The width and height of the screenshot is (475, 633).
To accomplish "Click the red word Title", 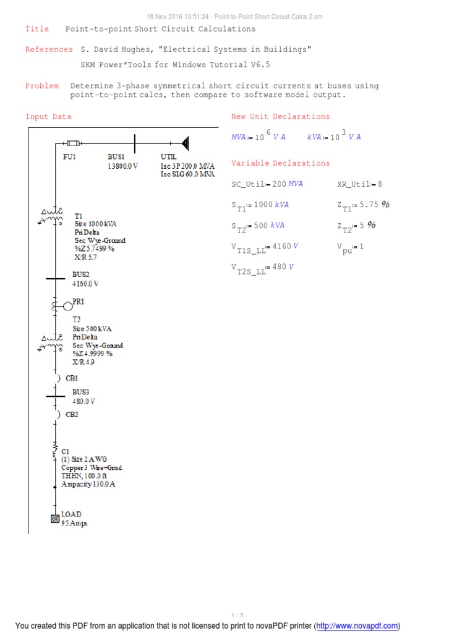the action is pyautogui.click(x=36, y=29).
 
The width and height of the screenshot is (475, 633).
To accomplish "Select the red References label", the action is pyautogui.click(x=49, y=49).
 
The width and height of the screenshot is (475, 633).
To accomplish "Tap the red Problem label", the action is pyautogui.click(x=42, y=86).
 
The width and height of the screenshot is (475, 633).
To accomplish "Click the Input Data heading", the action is pyautogui.click(x=48, y=116).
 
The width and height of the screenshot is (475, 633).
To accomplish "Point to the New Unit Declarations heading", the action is pyautogui.click(x=280, y=116).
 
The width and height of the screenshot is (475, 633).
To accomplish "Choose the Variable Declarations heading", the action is pyautogui.click(x=280, y=163).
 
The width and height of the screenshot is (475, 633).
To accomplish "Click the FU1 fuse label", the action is pyautogui.click(x=69, y=157).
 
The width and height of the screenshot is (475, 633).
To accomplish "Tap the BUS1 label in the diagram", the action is pyautogui.click(x=116, y=157).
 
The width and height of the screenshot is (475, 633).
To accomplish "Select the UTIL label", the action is pyautogui.click(x=169, y=157).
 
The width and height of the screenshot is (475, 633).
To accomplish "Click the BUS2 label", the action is pyautogui.click(x=81, y=274).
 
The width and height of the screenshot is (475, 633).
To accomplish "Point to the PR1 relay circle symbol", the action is pyautogui.click(x=67, y=306).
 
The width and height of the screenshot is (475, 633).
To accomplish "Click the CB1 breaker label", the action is pyautogui.click(x=72, y=378).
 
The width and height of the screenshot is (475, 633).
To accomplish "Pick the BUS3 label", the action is pyautogui.click(x=81, y=392).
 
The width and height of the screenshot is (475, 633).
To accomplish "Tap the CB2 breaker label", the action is pyautogui.click(x=72, y=415).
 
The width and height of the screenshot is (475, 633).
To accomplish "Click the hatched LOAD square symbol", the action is pyautogui.click(x=54, y=519).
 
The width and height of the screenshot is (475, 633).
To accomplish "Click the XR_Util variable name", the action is pyautogui.click(x=354, y=184).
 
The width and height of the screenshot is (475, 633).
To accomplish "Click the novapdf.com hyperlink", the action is pyautogui.click(x=357, y=626).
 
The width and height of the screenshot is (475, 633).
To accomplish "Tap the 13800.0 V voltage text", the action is pyautogui.click(x=122, y=166).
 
